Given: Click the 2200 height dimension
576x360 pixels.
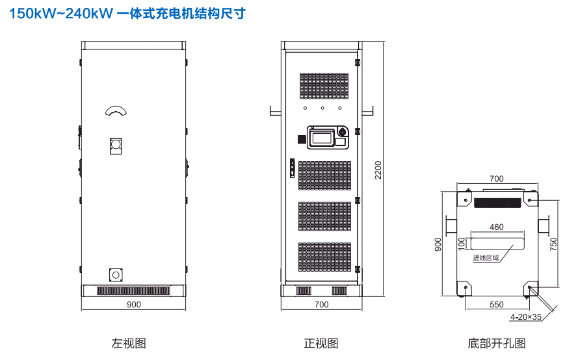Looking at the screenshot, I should (378, 170).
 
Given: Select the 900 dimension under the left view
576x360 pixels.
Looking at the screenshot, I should (133, 304).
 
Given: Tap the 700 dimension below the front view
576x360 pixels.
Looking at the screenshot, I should (321, 304).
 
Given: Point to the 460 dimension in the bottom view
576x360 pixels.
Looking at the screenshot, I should (497, 227).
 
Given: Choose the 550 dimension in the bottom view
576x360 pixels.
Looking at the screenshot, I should (497, 304).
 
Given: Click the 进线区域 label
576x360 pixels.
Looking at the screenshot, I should (486, 258).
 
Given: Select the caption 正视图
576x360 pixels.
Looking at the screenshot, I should (321, 343).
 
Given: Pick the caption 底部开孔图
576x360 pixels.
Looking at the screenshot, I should (497, 343).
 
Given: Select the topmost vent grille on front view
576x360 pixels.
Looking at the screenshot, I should (324, 86).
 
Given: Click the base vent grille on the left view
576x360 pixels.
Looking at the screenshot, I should (133, 290).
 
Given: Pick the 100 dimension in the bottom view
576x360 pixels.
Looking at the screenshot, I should (462, 244).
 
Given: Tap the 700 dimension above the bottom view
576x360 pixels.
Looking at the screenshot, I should (497, 179).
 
